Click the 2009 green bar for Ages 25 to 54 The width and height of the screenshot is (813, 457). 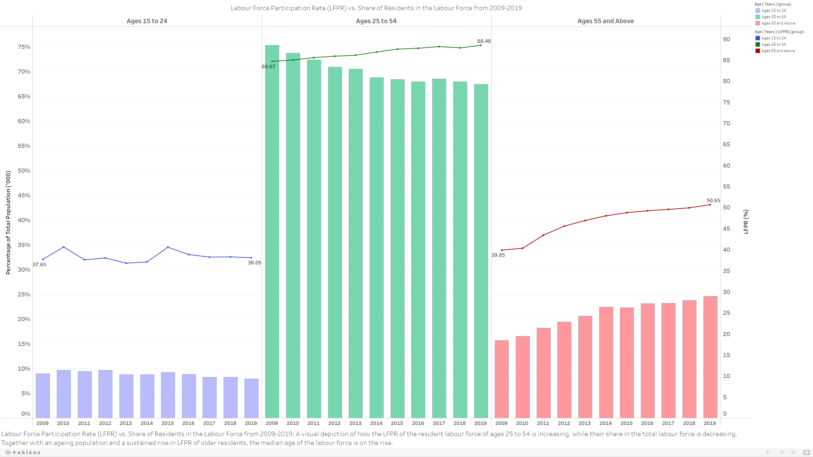272,232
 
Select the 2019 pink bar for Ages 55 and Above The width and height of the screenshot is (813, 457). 710,357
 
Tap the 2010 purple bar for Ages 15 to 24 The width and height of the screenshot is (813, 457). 64,394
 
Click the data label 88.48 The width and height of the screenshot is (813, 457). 484,41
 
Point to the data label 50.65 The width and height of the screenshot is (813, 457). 713,201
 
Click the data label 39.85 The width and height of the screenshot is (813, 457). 498,255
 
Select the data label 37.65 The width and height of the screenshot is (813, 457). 39,265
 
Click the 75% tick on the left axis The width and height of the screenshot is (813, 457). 24,47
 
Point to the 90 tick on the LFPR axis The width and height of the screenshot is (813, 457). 726,39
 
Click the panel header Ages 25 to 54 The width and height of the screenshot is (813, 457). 376,21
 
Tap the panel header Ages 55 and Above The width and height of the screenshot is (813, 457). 605,21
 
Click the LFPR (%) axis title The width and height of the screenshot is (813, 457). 746,222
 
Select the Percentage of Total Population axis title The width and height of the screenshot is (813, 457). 8,222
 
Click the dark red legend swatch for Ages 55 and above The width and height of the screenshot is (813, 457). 758,51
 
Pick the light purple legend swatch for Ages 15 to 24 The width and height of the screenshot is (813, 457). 758,10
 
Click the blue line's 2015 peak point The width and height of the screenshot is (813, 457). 168,247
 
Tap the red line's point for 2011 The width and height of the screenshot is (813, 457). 543,235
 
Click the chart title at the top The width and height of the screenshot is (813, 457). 376,8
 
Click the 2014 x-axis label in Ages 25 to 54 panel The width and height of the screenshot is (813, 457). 376,423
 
